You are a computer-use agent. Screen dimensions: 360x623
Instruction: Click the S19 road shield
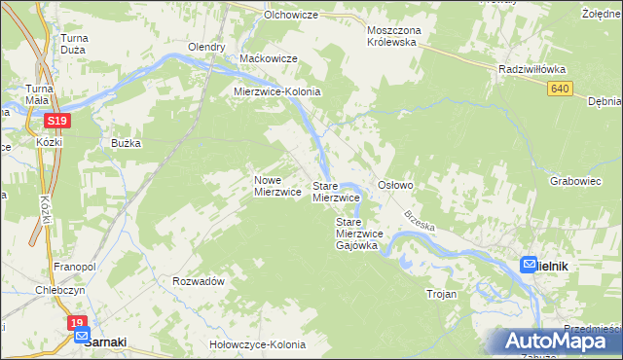point(55,121)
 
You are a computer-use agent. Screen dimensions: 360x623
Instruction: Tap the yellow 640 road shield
point(558,89)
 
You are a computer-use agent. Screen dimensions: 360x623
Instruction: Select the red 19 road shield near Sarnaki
point(78,322)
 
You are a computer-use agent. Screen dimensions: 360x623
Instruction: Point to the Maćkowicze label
point(268,59)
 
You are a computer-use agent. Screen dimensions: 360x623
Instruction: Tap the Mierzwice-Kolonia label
point(276,91)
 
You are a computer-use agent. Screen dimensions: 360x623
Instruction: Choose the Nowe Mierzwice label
point(276,186)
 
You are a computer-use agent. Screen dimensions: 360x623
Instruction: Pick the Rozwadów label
point(199,280)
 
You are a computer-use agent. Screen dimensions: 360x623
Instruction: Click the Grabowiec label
point(573,181)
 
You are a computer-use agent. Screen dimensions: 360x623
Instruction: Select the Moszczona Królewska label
point(391,36)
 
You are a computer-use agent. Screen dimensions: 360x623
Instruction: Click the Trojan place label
point(441,293)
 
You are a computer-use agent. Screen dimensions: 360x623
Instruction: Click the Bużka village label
point(127,143)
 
